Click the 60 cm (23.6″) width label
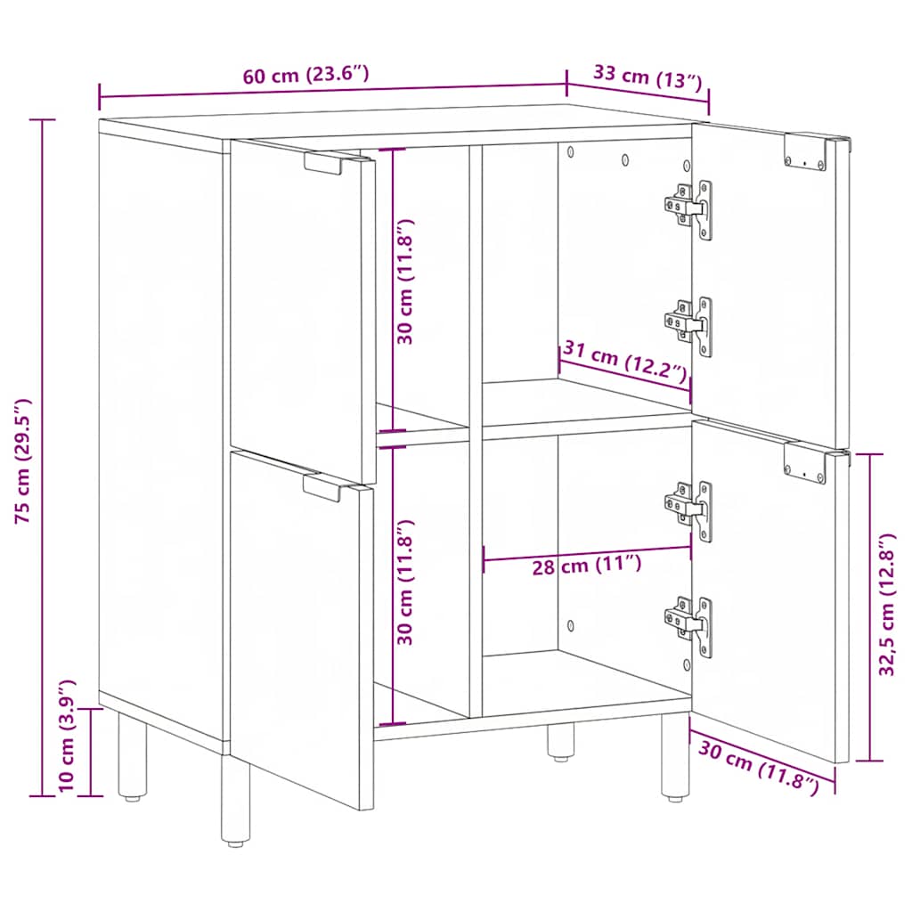pyautogui.click(x=305, y=76)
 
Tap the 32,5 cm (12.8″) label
pyautogui.click(x=887, y=606)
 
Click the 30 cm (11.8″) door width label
pyautogui.click(x=759, y=766)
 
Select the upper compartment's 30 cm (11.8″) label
pyautogui.click(x=405, y=281)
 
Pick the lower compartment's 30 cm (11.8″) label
pyautogui.click(x=405, y=582)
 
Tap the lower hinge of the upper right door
pyautogui.click(x=691, y=325)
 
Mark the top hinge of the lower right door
pyautogui.click(x=690, y=509)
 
